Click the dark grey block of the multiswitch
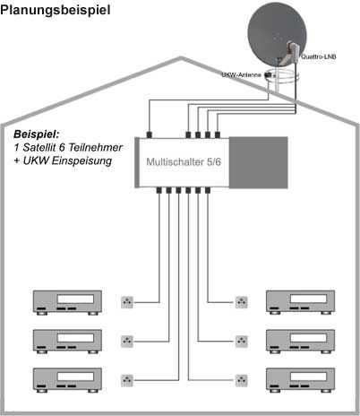pyautogui.click(x=259, y=161)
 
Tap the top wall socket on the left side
pyautogui.click(x=128, y=302)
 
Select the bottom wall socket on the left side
pyautogui.click(x=128, y=378)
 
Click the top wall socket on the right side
pyautogui.click(x=239, y=302)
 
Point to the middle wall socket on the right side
pyautogui.click(x=239, y=341)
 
